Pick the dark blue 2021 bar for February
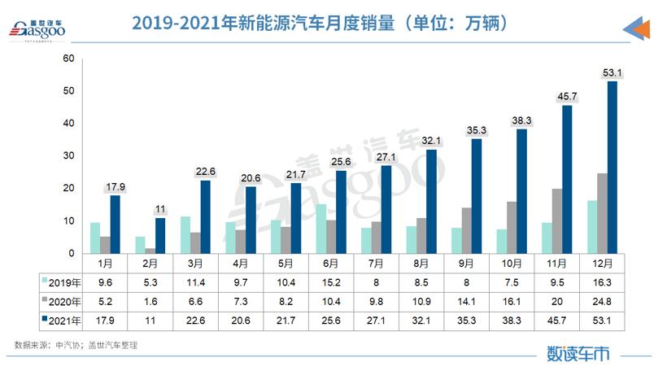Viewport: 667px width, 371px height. click(x=160, y=236)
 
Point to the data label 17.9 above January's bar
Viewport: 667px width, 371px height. click(x=116, y=186)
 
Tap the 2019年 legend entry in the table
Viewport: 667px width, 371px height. click(x=62, y=282)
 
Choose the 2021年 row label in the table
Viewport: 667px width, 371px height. click(x=62, y=321)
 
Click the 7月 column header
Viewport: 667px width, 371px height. click(x=377, y=263)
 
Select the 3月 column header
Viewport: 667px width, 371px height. click(x=196, y=263)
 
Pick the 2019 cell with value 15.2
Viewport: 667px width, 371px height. click(x=331, y=282)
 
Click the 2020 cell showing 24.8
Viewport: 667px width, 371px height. click(x=602, y=301)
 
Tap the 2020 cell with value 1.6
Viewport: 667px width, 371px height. click(x=151, y=301)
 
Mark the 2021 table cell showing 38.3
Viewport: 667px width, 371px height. click(x=512, y=321)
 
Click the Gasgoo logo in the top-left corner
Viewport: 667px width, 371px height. click(x=37, y=28)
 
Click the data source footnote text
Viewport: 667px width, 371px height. click(x=76, y=346)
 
